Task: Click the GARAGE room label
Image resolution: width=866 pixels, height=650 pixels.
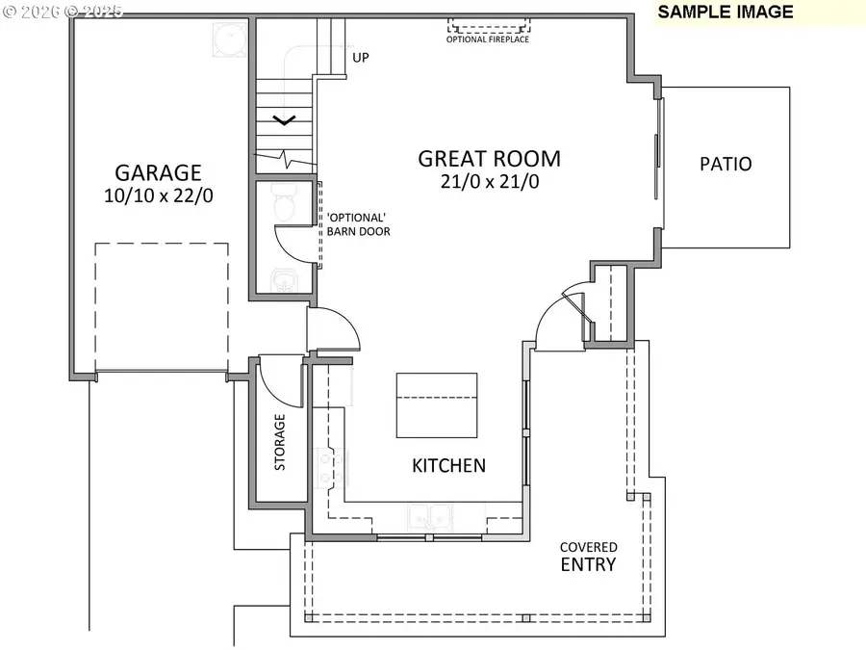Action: [158, 172]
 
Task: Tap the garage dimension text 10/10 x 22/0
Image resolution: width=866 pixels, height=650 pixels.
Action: [158, 195]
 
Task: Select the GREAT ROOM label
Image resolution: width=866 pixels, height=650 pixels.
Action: [489, 159]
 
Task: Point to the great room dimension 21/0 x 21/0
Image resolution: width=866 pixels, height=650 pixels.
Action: [489, 182]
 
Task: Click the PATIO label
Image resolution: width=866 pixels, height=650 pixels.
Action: [726, 164]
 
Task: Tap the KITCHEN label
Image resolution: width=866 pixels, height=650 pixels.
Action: [448, 466]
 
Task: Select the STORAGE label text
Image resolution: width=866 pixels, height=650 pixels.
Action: [280, 442]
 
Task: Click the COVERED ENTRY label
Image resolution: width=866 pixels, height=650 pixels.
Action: [589, 557]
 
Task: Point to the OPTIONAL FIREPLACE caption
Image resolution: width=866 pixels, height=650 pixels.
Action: [488, 39]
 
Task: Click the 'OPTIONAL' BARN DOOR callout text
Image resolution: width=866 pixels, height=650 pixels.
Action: [358, 224]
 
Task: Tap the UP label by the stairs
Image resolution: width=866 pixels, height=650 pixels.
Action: [361, 58]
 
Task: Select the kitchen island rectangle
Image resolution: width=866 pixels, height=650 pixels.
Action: [437, 404]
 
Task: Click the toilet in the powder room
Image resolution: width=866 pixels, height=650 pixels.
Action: [283, 203]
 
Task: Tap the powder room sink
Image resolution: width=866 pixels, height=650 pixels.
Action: [284, 279]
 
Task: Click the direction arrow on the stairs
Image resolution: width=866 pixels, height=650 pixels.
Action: [285, 120]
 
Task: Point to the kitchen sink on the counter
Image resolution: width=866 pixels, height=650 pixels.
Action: [428, 517]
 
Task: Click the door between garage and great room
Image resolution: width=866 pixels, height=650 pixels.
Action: [332, 330]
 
